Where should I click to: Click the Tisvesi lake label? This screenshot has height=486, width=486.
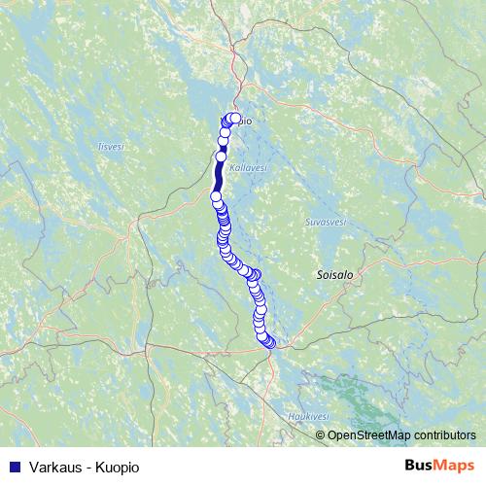coord(110,146)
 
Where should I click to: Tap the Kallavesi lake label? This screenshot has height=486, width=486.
coord(249,167)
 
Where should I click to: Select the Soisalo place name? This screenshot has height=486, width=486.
coord(334,275)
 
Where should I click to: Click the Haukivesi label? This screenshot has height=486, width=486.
coord(306,415)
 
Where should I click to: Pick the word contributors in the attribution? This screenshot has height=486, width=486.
coord(445,435)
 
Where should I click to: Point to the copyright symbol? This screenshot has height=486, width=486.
coord(321,435)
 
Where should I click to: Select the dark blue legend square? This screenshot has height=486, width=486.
coord(15,467)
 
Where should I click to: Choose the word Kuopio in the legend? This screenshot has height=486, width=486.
coord(118,467)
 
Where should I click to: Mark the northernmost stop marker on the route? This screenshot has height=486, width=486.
coord(234,118)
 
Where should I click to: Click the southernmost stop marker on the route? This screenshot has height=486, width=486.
coord(269,342)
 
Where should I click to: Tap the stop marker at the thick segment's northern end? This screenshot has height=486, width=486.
coord(221,156)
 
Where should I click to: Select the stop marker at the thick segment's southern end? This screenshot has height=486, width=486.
coord(216,196)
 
